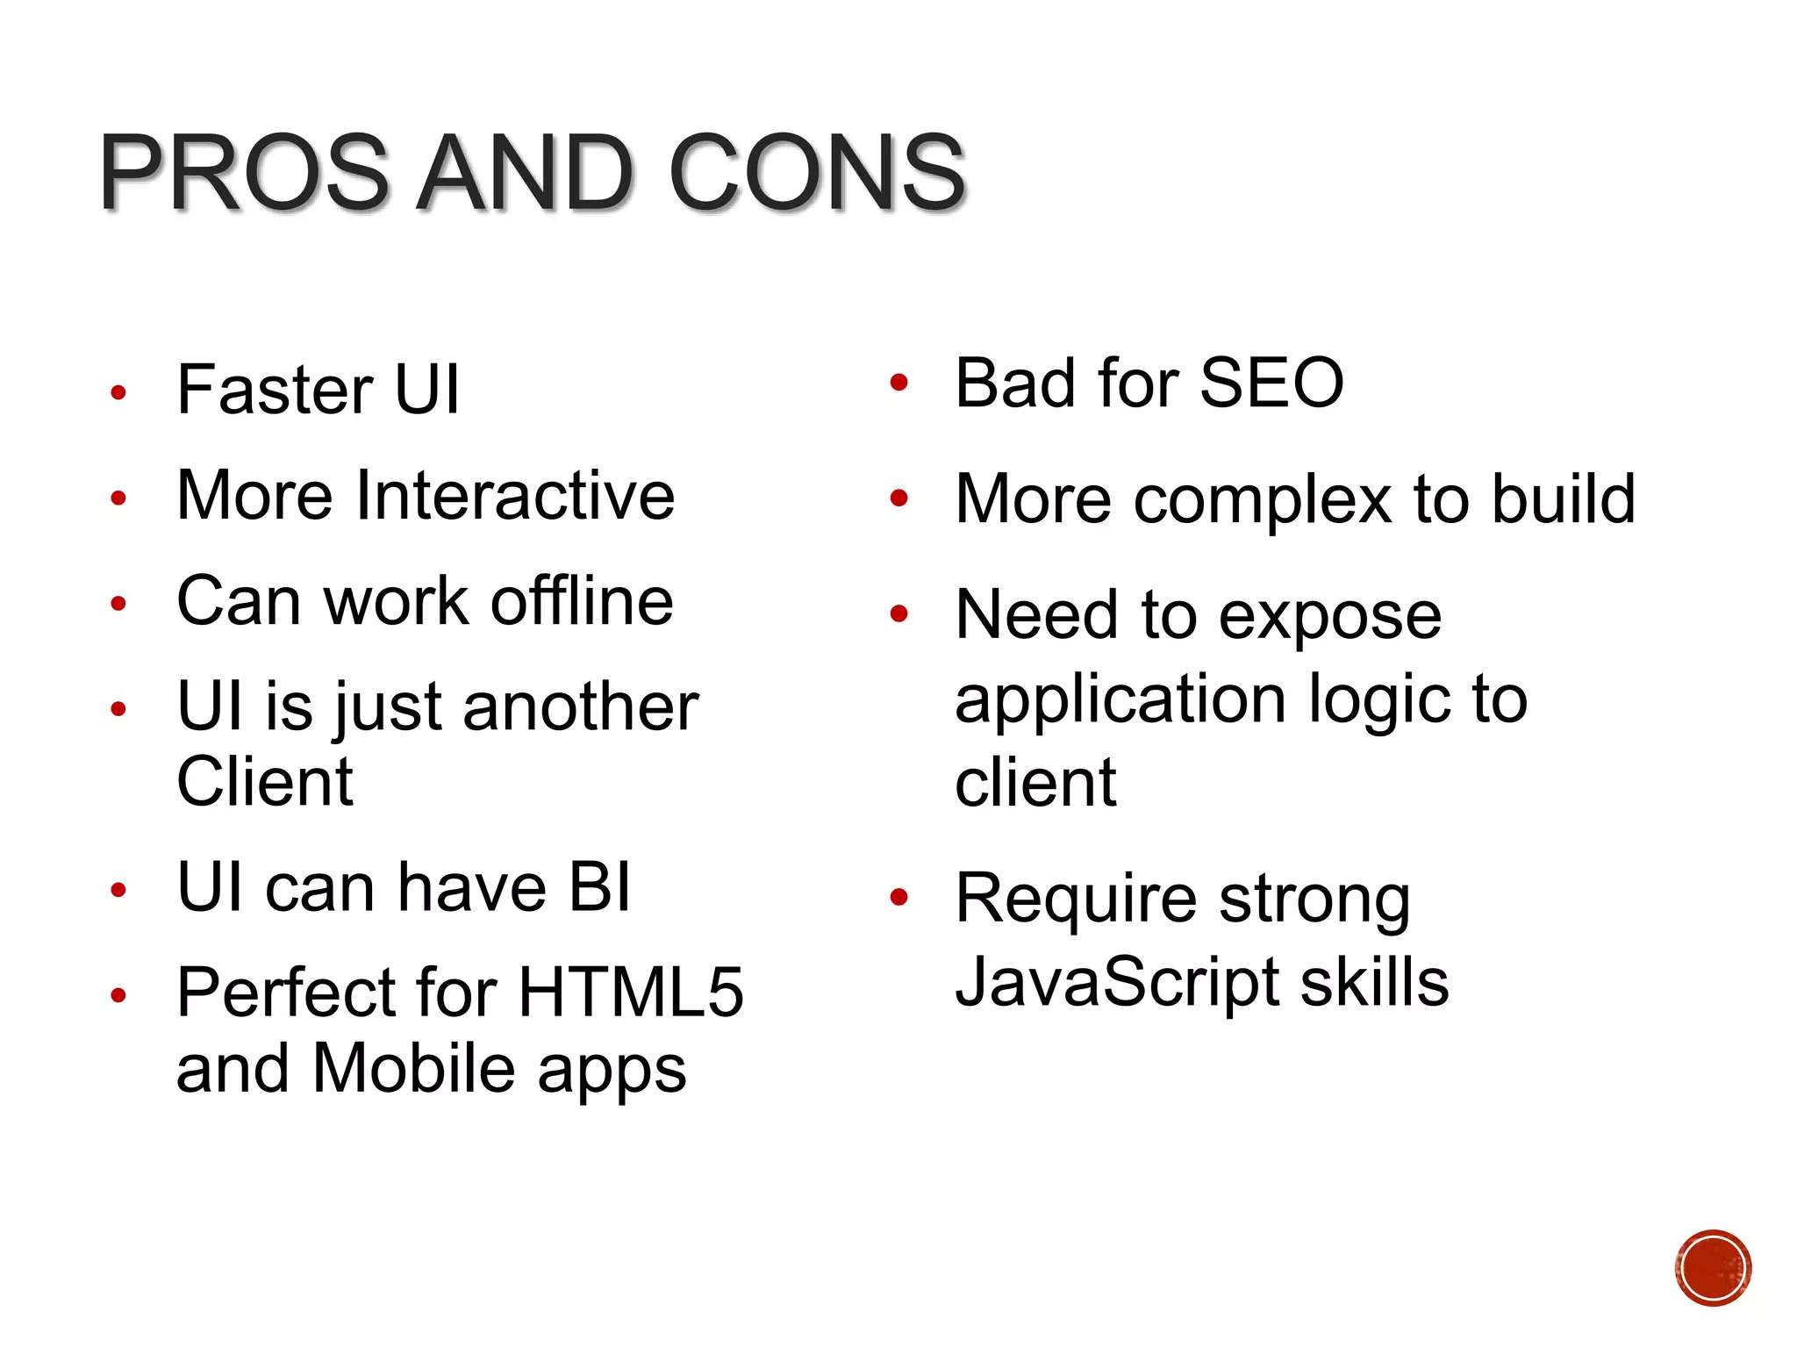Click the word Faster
pyautogui.click(x=275, y=390)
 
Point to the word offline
pyautogui.click(x=582, y=601)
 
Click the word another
pyautogui.click(x=581, y=706)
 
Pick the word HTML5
pyautogui.click(x=631, y=993)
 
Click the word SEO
pyautogui.click(x=1271, y=383)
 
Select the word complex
pyautogui.click(x=1263, y=499)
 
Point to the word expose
pyautogui.click(x=1330, y=615)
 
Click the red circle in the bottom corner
pyautogui.click(x=1713, y=1268)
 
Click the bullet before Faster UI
pyautogui.click(x=118, y=392)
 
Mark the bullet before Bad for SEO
pyautogui.click(x=898, y=383)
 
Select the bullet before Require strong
pyautogui.click(x=898, y=897)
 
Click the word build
pyautogui.click(x=1564, y=499)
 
